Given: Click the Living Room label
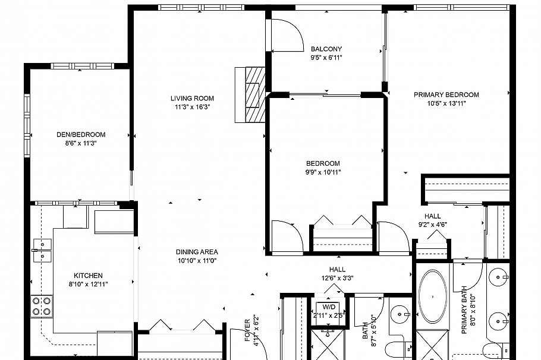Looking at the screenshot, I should (x=192, y=99).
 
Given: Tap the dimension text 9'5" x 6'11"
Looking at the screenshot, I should (x=326, y=58).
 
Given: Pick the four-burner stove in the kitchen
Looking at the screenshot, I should (x=42, y=306).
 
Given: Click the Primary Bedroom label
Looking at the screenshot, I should (x=446, y=94).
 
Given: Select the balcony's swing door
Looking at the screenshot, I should (x=287, y=36).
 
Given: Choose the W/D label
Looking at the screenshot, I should (x=329, y=307).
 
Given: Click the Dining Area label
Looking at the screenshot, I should (x=196, y=251).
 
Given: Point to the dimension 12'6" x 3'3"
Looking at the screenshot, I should (x=337, y=278).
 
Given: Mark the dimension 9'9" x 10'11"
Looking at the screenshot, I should (x=323, y=172).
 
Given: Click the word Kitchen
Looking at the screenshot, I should (x=88, y=275).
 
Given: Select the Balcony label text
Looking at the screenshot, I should (x=326, y=49).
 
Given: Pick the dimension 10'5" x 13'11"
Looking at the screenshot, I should (x=446, y=103).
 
